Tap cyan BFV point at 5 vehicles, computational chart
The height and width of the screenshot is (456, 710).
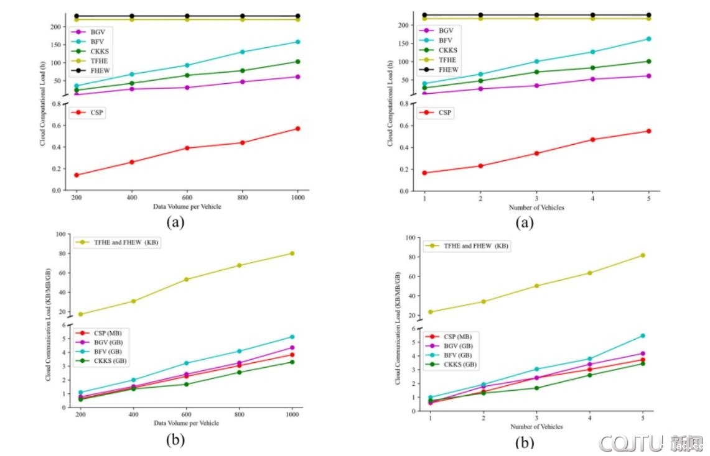(648, 39)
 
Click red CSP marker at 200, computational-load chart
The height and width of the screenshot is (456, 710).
(76, 175)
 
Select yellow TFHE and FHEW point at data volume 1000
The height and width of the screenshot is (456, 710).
(291, 253)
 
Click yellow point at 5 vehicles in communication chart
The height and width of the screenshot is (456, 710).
(643, 255)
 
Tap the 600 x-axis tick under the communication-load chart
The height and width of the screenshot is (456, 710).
(186, 413)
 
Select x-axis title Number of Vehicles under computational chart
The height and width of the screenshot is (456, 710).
(536, 207)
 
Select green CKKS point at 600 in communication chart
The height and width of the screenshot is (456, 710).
(186, 384)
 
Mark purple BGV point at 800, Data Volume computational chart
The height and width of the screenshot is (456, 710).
(242, 81)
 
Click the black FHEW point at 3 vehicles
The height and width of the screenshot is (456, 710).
(536, 15)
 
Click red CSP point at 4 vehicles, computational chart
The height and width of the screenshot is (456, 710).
(592, 139)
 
